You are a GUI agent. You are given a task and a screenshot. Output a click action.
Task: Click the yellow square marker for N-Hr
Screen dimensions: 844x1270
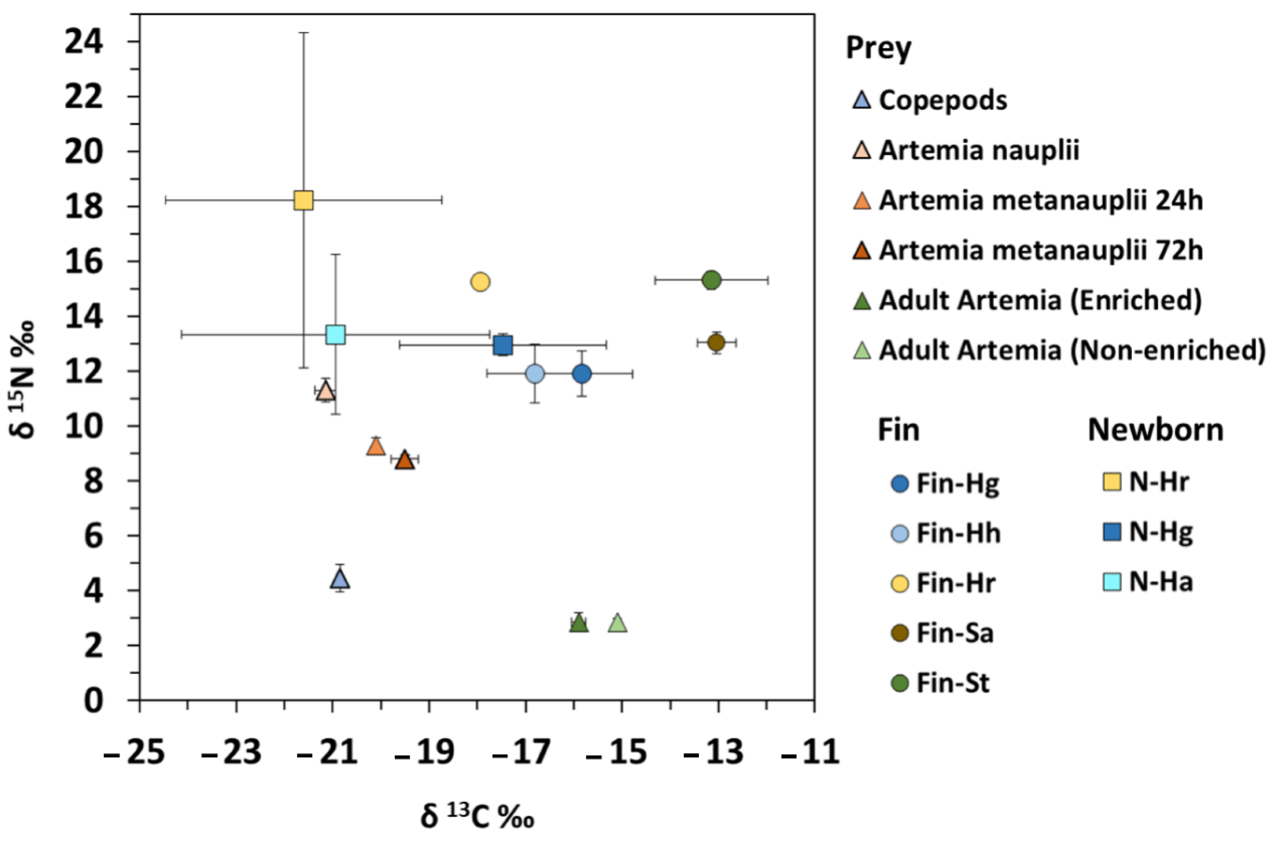(x=303, y=200)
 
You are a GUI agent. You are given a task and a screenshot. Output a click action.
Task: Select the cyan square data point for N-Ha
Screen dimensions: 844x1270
(x=335, y=334)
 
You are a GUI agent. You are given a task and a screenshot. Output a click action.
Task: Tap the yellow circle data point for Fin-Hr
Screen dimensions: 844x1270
(x=480, y=281)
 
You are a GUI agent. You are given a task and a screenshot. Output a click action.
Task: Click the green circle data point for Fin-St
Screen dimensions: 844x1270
(x=711, y=280)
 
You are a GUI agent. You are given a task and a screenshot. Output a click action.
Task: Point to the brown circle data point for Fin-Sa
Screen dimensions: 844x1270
(x=716, y=342)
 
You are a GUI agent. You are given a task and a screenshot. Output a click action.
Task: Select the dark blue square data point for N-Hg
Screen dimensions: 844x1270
(x=502, y=345)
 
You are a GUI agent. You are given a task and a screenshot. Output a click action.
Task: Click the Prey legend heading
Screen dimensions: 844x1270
(x=878, y=48)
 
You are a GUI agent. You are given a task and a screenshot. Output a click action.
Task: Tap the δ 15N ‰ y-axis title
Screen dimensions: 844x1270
(x=25, y=380)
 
